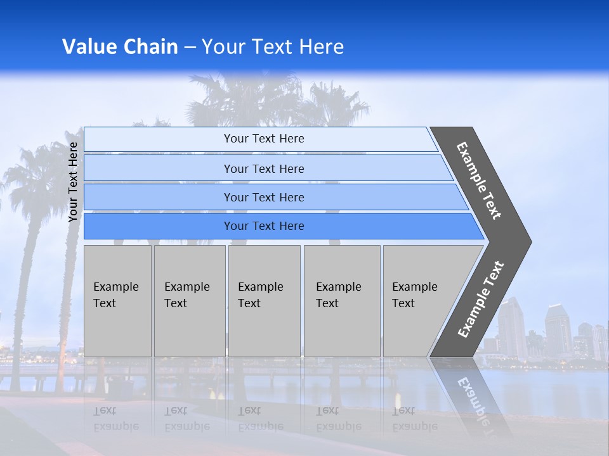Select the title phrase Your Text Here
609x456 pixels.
click(273, 47)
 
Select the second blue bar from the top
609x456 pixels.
click(263, 168)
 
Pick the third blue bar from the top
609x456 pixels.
click(263, 197)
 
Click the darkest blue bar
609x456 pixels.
click(263, 226)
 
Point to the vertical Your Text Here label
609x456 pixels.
click(73, 182)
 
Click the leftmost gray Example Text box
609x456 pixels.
click(117, 300)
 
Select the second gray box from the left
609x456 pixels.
click(190, 300)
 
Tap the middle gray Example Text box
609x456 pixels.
click(264, 300)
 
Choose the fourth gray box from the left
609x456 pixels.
click(342, 300)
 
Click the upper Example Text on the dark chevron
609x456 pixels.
click(479, 180)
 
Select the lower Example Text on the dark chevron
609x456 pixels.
click(480, 300)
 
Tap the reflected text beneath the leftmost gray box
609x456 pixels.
click(115, 419)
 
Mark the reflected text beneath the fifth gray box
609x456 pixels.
click(414, 419)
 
